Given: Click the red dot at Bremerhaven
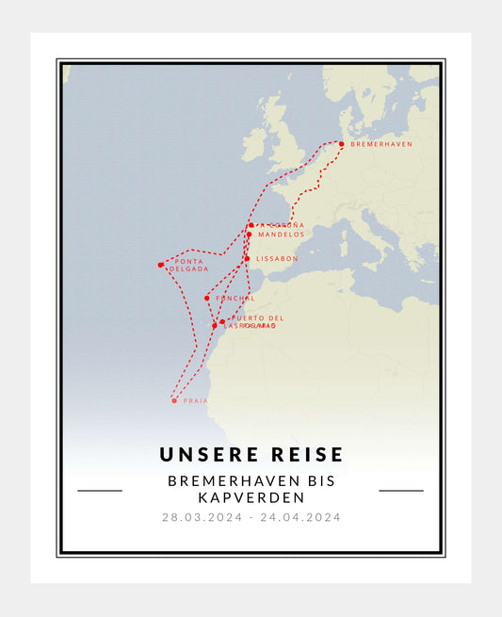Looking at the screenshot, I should [x=342, y=144].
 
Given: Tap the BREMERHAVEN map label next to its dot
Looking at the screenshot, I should [x=381, y=144].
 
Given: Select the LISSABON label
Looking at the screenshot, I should [x=277, y=258].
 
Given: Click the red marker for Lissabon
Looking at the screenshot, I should [x=247, y=258].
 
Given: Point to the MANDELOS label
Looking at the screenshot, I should [x=281, y=235].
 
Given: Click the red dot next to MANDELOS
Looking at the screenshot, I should [x=249, y=235].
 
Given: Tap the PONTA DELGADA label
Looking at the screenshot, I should [x=189, y=265].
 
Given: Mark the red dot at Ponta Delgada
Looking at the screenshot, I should [x=160, y=265].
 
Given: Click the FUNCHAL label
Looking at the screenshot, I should [x=235, y=298].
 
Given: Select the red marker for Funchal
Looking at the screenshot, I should [x=207, y=299].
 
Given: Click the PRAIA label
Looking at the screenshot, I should [x=196, y=400].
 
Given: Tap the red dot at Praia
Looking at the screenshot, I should [x=174, y=400].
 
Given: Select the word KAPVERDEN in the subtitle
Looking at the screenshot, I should [x=251, y=496].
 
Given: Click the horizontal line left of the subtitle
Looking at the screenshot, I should [x=100, y=490].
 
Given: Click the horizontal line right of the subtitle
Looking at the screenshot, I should [x=401, y=490].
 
